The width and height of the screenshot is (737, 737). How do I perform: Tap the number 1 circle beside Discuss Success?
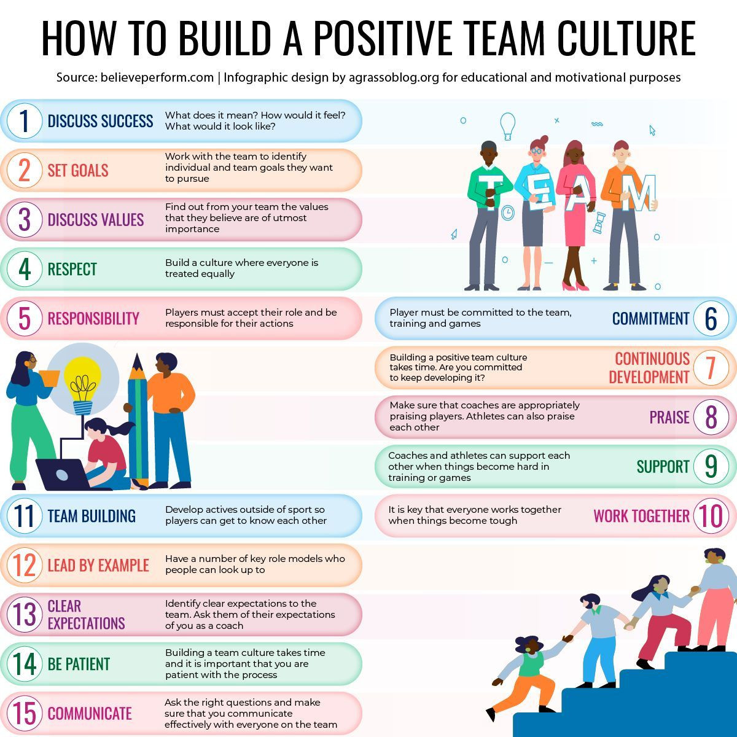pyautogui.click(x=25, y=121)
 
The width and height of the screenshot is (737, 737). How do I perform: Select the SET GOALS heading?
pyautogui.click(x=78, y=171)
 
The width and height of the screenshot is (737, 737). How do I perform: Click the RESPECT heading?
pyautogui.click(x=72, y=269)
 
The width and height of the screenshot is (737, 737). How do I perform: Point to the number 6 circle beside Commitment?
pyautogui.click(x=711, y=318)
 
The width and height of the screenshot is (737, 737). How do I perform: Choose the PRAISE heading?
pyautogui.click(x=669, y=417)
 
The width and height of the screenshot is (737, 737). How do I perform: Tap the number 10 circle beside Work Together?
pyautogui.click(x=711, y=516)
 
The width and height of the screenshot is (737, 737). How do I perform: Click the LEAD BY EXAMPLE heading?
pyautogui.click(x=98, y=565)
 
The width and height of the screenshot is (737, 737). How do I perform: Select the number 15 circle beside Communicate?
pyautogui.click(x=25, y=714)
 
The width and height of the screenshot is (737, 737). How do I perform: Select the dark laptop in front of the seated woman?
pyautogui.click(x=63, y=474)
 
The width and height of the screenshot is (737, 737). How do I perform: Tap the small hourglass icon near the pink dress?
pyautogui.click(x=599, y=222)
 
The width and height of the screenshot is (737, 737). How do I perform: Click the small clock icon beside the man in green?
pyautogui.click(x=507, y=213)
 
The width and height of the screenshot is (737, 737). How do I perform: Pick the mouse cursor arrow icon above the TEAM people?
pyautogui.click(x=652, y=130)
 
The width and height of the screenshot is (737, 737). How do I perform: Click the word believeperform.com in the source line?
pyautogui.click(x=157, y=77)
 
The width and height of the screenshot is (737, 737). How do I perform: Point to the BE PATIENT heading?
pyautogui.click(x=79, y=665)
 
